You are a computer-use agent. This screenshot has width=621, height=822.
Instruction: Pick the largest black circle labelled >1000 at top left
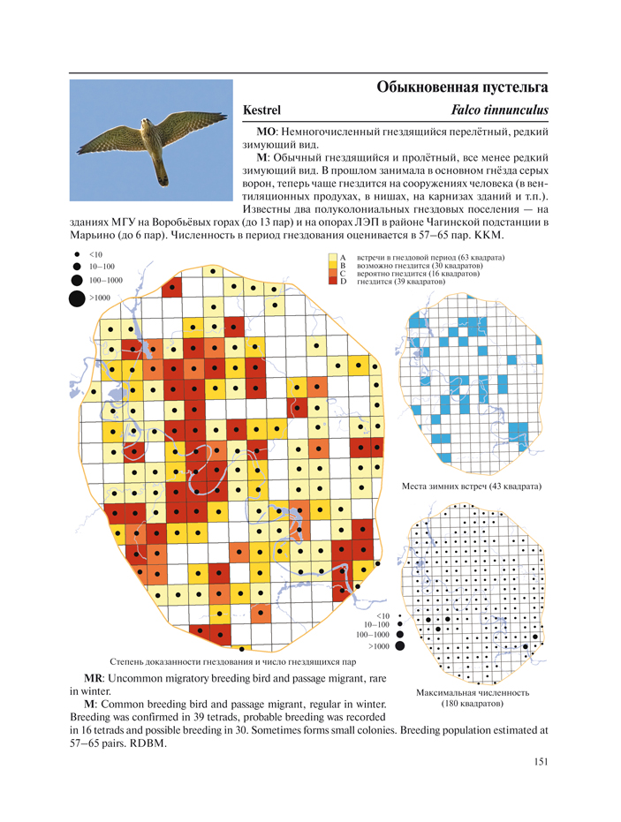(77, 298)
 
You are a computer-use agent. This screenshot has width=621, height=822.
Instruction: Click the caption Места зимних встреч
(471, 486)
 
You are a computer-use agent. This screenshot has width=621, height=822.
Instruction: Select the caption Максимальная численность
(472, 693)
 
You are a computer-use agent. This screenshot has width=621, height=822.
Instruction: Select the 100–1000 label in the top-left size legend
(106, 280)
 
